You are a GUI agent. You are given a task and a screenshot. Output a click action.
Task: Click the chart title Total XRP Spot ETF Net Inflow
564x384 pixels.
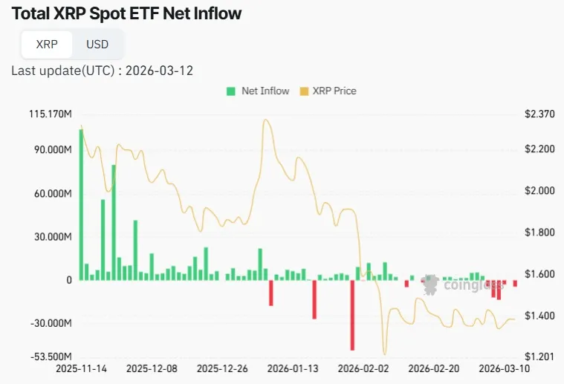pyautogui.click(x=127, y=13)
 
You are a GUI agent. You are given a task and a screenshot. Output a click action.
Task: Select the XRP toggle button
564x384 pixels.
pyautogui.click(x=47, y=44)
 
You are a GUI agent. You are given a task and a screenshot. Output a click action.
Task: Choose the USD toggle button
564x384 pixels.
pyautogui.click(x=97, y=44)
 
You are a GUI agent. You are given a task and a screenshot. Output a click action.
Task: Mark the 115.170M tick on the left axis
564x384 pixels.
pyautogui.click(x=50, y=114)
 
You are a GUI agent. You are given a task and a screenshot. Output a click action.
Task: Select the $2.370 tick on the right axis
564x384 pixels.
pyautogui.click(x=539, y=114)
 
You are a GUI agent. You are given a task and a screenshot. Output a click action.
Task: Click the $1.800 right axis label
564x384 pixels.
pyautogui.click(x=539, y=232)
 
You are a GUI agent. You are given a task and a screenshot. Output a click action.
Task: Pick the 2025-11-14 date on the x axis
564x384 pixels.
pyautogui.click(x=81, y=368)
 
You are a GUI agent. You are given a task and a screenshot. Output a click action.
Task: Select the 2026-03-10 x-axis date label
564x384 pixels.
pyautogui.click(x=502, y=368)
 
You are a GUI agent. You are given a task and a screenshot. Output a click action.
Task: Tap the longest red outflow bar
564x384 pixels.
pyautogui.click(x=352, y=314)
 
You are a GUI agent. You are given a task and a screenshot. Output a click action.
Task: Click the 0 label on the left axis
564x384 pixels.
pyautogui.click(x=68, y=280)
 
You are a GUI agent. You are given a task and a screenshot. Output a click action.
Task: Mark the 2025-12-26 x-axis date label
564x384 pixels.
pyautogui.click(x=222, y=368)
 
